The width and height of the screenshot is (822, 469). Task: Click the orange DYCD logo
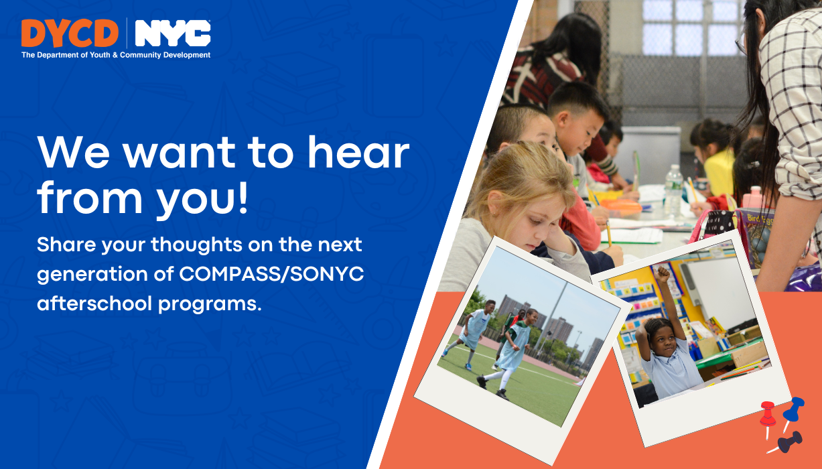70,33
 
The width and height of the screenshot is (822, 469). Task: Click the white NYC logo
173,33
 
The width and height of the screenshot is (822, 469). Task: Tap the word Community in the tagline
141,55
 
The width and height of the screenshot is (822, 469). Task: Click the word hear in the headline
358,152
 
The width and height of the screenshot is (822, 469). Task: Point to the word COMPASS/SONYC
271,274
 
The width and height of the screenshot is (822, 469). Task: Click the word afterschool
94,304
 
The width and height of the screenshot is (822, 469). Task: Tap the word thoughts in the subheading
197,245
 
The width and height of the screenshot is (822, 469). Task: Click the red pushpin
767,418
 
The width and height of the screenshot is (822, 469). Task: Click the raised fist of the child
663,273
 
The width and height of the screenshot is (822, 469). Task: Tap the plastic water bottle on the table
673,190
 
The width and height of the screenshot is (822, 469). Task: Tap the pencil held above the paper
609,233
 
